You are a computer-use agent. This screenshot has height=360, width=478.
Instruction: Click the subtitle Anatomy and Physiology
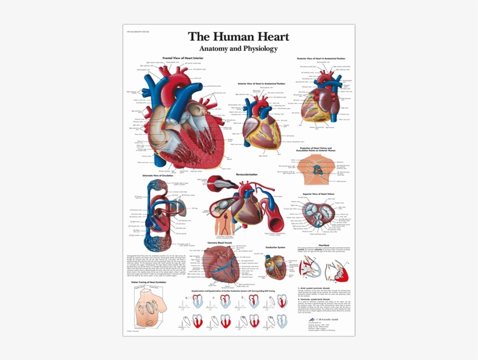(x=238, y=48)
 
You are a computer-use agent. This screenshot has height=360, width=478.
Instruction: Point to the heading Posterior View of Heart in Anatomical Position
(x=321, y=58)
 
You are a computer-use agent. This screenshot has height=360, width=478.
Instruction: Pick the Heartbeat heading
(x=324, y=244)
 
